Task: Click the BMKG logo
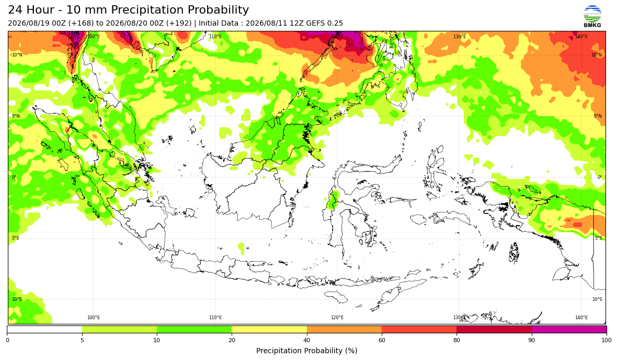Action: click(592, 17)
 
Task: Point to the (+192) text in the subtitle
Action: click(179, 23)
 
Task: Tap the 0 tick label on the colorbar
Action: click(7, 340)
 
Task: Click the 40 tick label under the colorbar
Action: click(307, 340)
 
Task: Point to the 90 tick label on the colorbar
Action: click(532, 340)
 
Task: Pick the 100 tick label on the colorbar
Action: click(607, 340)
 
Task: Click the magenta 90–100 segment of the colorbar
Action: click(569, 329)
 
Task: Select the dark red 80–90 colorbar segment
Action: click(494, 329)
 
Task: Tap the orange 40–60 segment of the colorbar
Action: click(344, 329)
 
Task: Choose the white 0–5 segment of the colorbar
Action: click(44, 329)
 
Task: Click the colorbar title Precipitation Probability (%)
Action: click(306, 351)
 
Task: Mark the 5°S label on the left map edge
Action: click(15, 238)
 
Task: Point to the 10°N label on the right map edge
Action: click(597, 55)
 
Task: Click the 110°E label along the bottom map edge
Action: click(215, 318)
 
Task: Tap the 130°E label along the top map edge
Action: click(460, 37)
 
